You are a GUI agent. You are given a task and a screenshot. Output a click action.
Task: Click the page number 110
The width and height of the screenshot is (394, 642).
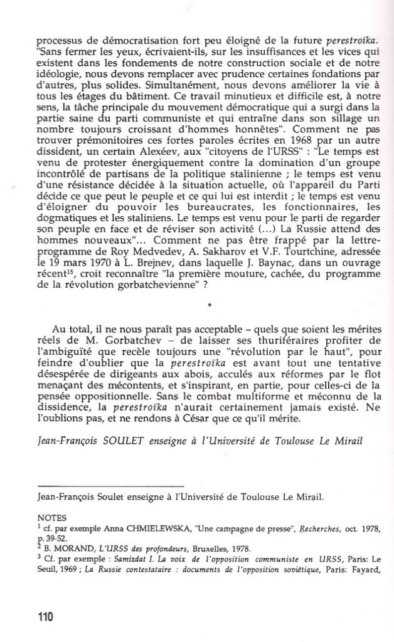tap(45, 616)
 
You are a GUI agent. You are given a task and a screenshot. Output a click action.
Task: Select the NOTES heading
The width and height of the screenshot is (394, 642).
tap(51, 518)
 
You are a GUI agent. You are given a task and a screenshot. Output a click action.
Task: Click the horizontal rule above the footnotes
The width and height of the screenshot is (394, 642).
tap(110, 487)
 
